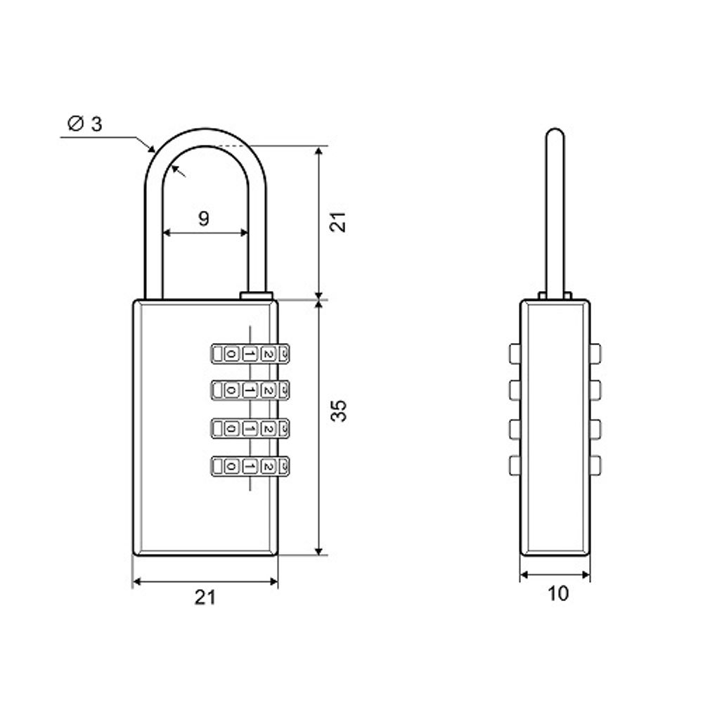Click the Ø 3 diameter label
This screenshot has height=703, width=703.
(84, 124)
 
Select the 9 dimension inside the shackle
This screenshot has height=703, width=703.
(203, 219)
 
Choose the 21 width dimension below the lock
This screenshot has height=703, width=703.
(205, 598)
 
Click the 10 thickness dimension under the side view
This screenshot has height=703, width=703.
(557, 594)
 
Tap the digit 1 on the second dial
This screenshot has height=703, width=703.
(249, 389)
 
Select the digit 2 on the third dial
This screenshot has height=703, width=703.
(266, 427)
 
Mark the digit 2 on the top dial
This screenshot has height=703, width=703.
(266, 354)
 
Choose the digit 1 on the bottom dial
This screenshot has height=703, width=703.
(249, 465)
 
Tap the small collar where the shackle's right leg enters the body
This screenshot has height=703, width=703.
(256, 296)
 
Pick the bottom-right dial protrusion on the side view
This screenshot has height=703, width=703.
(596, 464)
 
